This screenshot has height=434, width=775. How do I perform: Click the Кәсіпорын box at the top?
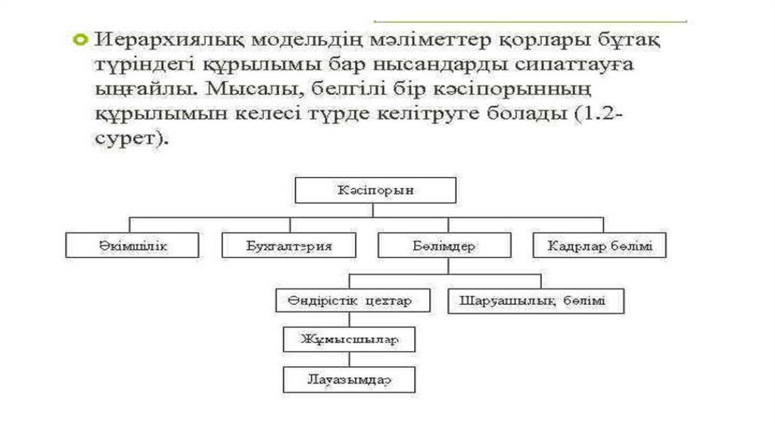375,191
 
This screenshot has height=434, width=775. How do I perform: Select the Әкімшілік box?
132,246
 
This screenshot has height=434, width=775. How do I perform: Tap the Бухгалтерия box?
289,246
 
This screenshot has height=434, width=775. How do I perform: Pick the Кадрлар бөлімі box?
599,246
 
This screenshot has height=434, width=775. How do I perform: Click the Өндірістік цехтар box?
353,301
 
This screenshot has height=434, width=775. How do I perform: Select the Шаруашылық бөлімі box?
537,301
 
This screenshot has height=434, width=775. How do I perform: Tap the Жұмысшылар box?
349,339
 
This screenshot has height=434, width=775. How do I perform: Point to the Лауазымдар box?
349,379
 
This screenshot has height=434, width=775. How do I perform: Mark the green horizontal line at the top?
530,21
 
